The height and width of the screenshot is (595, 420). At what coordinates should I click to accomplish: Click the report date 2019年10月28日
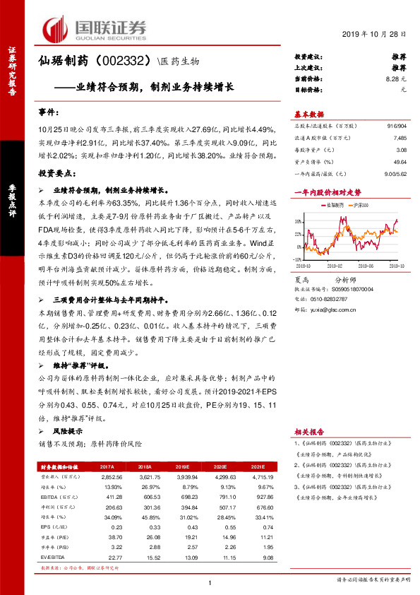click(x=378, y=34)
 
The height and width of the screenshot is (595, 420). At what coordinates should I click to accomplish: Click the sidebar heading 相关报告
click(x=309, y=430)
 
